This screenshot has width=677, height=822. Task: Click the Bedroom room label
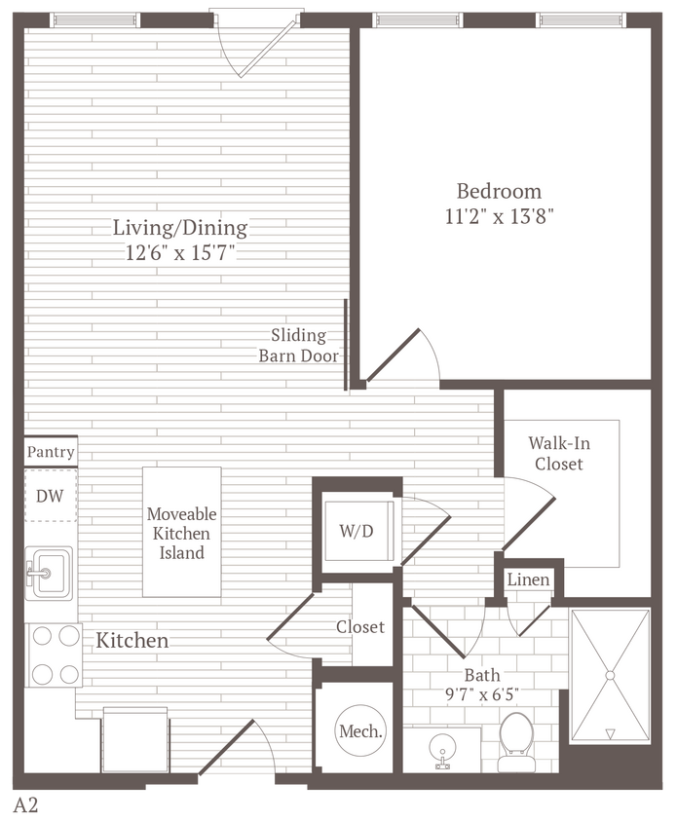(x=499, y=191)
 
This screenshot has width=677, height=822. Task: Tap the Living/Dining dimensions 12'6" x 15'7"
(x=180, y=254)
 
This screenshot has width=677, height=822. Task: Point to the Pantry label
(x=51, y=452)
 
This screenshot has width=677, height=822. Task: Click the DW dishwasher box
(x=50, y=496)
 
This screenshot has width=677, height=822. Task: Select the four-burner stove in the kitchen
(x=55, y=654)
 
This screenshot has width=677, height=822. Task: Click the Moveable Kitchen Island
(x=182, y=533)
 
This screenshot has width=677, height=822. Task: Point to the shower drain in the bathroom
(x=610, y=673)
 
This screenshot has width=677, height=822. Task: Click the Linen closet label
(x=529, y=580)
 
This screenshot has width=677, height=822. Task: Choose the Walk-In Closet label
(x=559, y=453)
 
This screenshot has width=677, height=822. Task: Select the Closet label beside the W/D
(x=360, y=627)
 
